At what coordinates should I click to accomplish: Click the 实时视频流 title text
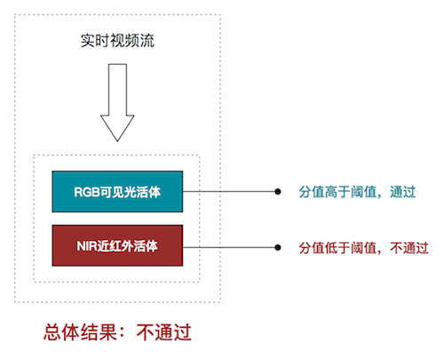coord(117,41)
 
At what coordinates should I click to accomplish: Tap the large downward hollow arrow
coord(117,102)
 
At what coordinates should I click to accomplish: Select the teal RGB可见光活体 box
coord(117,192)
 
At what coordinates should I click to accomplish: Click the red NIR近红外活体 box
coord(117,245)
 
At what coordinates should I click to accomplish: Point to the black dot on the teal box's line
coord(278,192)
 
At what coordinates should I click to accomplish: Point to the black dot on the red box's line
coord(278,247)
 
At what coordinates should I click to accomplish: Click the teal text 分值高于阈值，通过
coord(357,192)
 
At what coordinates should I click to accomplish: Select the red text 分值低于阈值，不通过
coord(363,248)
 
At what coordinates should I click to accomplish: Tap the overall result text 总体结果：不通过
coord(117,332)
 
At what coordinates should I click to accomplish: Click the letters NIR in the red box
coord(86,246)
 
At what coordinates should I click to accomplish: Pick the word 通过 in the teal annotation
coord(403,192)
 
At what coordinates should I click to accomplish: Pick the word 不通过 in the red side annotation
coord(409,248)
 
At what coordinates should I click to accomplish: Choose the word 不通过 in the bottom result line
coord(163,332)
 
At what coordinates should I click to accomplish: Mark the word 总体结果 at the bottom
coord(80,332)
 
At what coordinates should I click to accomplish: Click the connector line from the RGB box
coord(230,192)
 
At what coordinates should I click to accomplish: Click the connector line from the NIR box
coord(230,247)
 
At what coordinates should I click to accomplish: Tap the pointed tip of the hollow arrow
coord(117,141)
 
